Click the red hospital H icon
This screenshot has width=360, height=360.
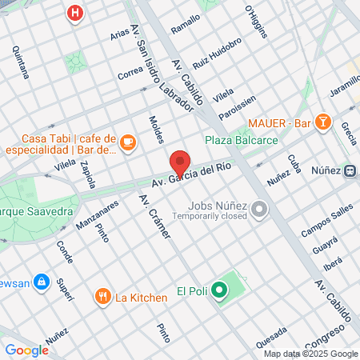pyautogui.click(x=74, y=13)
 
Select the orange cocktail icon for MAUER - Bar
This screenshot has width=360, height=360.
pyautogui.click(x=322, y=122)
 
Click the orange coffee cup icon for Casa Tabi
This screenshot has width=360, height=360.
pyautogui.click(x=128, y=142)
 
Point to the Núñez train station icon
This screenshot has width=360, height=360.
pyautogui.click(x=350, y=170)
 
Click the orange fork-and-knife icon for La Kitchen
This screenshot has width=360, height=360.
pyautogui.click(x=103, y=298)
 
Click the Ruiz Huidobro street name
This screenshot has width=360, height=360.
pyautogui.click(x=217, y=52)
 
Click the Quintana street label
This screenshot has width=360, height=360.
pyautogui.click(x=21, y=62)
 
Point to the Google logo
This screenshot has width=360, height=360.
pyautogui.click(x=26, y=350)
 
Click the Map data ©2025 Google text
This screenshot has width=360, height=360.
pyautogui.click(x=311, y=354)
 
